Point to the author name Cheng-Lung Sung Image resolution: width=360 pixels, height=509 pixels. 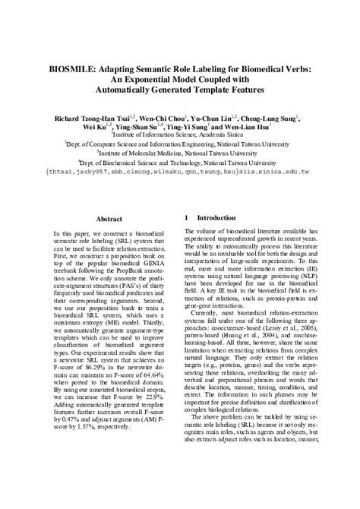click(269, 120)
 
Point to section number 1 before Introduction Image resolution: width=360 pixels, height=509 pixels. click(188, 218)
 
